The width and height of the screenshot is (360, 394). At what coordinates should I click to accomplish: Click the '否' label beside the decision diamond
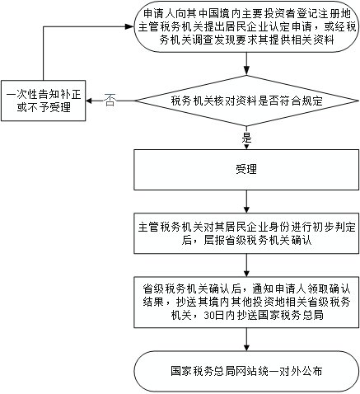[x=110, y=101]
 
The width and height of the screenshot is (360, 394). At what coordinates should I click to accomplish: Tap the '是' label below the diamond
[x=246, y=138]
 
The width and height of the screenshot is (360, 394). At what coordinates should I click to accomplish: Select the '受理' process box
[x=246, y=170]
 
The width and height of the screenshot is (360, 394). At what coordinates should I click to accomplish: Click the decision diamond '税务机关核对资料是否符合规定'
[x=246, y=101]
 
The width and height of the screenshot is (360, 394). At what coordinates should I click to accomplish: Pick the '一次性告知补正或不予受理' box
[x=44, y=101]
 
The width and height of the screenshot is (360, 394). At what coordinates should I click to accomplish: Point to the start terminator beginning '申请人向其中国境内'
[x=246, y=26]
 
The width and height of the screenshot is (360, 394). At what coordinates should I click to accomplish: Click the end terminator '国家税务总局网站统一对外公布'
[x=246, y=371]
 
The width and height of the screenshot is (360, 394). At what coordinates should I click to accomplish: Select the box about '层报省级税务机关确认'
[x=246, y=233]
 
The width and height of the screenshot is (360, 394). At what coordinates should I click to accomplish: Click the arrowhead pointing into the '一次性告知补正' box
[x=89, y=101]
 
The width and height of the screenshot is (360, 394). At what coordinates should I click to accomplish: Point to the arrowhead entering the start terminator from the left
[x=129, y=26]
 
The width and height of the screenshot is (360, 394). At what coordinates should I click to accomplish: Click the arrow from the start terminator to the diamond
[x=246, y=63]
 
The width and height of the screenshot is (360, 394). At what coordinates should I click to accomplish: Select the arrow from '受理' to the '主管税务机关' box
[x=246, y=201]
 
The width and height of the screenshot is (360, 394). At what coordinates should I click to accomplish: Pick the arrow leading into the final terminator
[x=246, y=340]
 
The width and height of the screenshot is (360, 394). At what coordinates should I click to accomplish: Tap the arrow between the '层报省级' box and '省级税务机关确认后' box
[x=246, y=265]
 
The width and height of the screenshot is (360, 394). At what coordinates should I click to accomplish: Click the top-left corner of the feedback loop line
[x=44, y=26]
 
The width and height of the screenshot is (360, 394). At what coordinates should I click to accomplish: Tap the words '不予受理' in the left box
[x=49, y=107]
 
